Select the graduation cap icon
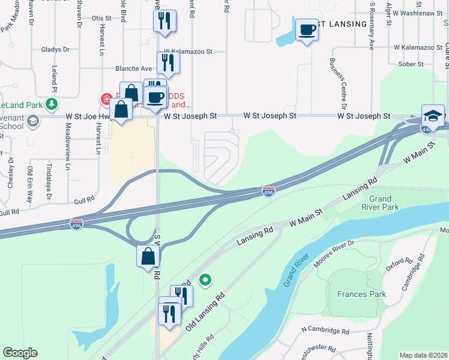pos(433,115)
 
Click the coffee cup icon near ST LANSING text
pos(307,29)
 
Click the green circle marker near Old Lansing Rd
pos(205,279)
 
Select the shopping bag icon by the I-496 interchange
pos(148,257)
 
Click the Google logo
pos(20,353)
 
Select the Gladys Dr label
pos(56,49)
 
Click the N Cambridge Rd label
pos(325,331)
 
